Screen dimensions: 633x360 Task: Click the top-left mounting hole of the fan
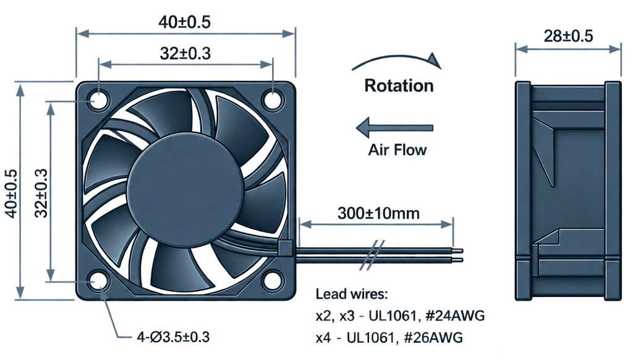point(98,100)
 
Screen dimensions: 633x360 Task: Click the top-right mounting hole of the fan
point(273,100)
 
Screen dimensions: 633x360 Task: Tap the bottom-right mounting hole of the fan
point(273,280)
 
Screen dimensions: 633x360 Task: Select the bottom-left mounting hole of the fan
point(98,280)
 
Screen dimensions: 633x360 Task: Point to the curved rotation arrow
point(397,57)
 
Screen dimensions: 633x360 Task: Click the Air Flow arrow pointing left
point(394,127)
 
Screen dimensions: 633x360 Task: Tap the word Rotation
point(399,85)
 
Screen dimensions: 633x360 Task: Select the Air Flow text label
point(397,150)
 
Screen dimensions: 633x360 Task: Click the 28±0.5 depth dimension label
point(569,36)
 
